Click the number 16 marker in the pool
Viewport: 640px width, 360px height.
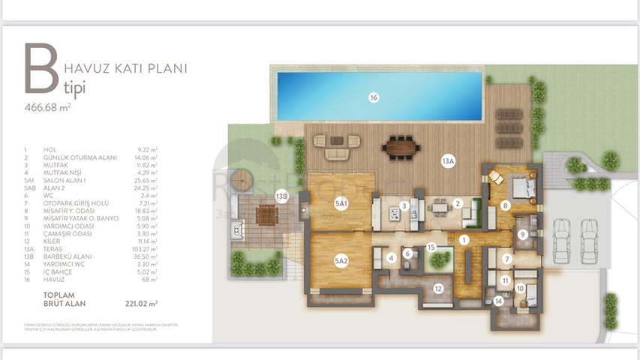point(373,97)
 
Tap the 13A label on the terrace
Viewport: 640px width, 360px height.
point(449,161)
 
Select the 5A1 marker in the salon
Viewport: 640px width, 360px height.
point(341,204)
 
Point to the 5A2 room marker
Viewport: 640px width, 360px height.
point(341,260)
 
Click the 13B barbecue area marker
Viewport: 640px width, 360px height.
point(281,196)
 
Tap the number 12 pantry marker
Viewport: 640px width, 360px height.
point(438,288)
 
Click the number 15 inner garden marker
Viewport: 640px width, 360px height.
point(431,247)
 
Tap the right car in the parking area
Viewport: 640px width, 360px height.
point(590,240)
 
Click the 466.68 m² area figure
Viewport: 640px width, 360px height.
point(47,108)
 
